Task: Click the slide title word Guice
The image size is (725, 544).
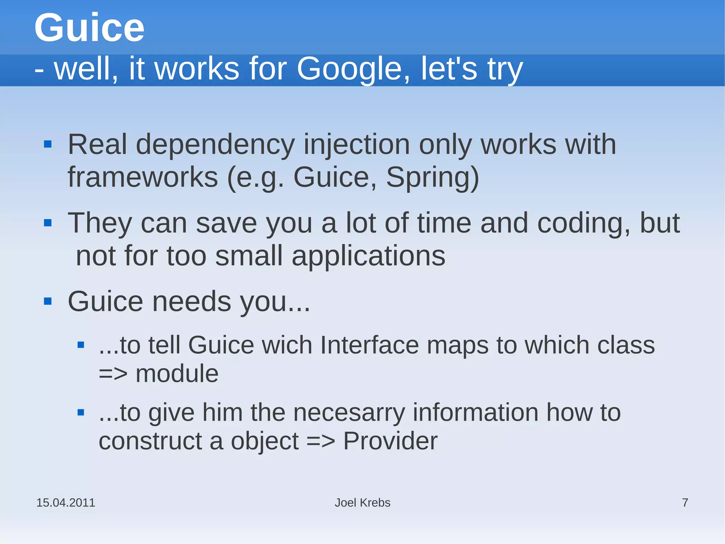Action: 89,28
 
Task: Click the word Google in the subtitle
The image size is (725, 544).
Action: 349,69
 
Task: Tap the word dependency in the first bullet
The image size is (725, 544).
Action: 215,145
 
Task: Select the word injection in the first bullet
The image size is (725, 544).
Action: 356,145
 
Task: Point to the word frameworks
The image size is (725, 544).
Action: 143,177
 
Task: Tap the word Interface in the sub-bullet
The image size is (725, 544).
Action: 369,345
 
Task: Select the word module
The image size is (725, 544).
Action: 177,374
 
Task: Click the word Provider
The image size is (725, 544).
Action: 390,441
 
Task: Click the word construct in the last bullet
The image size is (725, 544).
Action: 150,441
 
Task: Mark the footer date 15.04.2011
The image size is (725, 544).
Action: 66,503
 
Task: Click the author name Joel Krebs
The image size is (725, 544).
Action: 362,503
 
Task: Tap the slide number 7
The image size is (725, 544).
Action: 685,503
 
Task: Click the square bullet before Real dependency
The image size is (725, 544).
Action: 48,144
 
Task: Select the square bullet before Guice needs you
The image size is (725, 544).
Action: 48,301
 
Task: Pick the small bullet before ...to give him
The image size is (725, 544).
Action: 81,413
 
